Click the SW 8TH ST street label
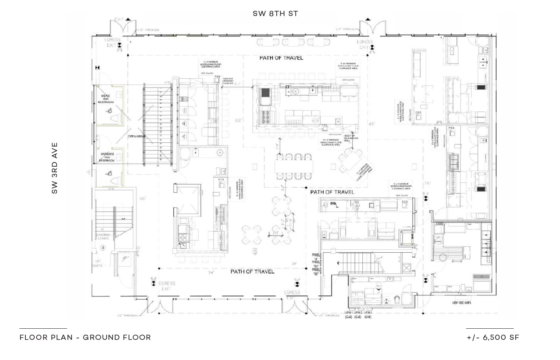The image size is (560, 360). (x=275, y=14)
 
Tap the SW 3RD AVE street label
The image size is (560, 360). (x=55, y=168)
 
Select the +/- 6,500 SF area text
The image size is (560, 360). (x=493, y=337)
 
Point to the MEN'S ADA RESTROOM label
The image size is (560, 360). (x=106, y=99)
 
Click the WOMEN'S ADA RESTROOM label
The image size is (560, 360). (x=106, y=157)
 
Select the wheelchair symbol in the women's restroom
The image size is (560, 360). (x=109, y=173)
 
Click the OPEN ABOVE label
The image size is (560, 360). (x=136, y=136)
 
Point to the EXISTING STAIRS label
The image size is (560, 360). (x=103, y=237)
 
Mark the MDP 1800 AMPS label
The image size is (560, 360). (x=461, y=303)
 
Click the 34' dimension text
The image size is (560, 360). (x=211, y=272)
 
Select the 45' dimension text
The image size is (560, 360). (x=371, y=124)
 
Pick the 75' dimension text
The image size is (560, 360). (x=427, y=184)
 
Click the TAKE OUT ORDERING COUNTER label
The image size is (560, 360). (x=228, y=82)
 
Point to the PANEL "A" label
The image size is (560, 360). (x=316, y=257)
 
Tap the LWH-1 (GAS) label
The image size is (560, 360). (x=349, y=315)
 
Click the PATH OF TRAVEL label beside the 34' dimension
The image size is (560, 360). (x=252, y=271)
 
